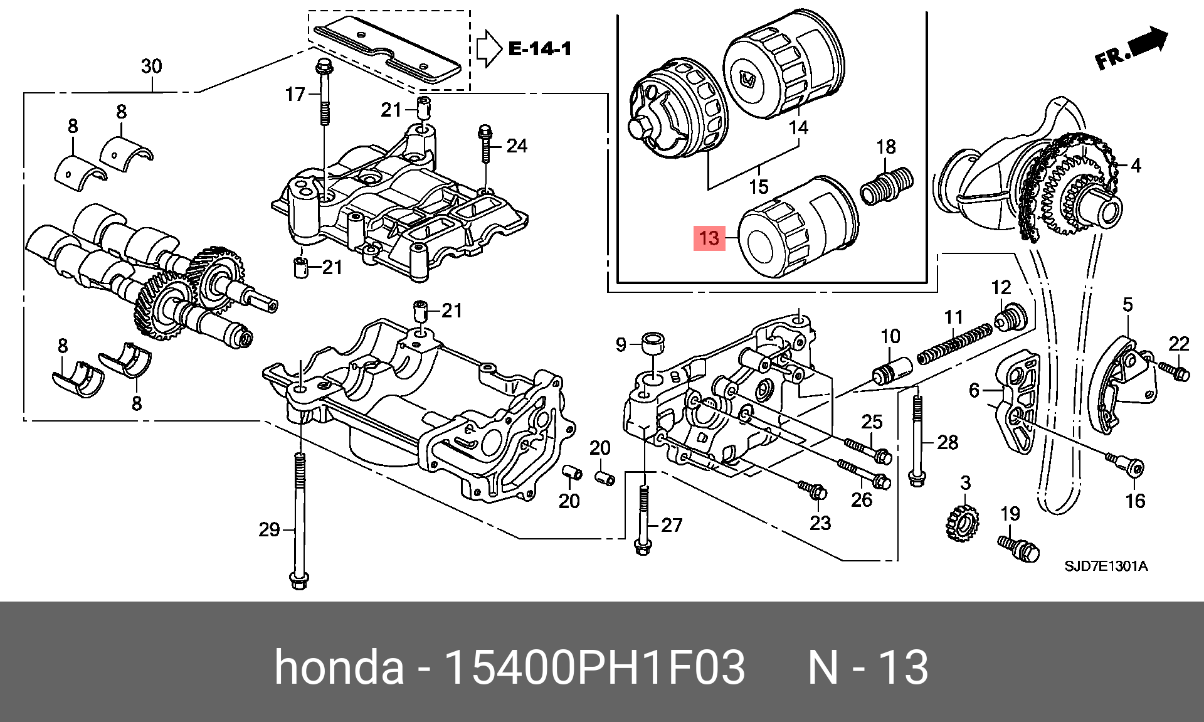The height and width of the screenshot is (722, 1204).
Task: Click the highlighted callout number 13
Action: coord(708,238)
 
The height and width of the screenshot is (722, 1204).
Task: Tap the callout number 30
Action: coord(152,66)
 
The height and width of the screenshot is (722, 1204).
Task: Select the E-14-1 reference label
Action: coord(540,48)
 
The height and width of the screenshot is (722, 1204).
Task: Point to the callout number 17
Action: coord(295,95)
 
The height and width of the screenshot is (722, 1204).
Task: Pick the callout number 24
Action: coord(517,146)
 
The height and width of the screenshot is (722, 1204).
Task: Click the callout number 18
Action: coord(885,147)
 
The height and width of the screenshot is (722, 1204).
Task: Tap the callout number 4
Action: coord(1136,166)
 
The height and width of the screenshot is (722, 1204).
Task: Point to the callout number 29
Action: coord(269,530)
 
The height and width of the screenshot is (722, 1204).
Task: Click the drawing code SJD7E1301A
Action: coord(1106,566)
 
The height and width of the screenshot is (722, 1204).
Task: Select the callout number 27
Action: coord(672,525)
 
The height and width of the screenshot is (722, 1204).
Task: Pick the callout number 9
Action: coord(621,344)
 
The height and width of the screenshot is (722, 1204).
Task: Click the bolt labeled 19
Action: coord(1018,548)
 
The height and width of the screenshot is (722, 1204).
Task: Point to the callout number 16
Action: coord(1135,501)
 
